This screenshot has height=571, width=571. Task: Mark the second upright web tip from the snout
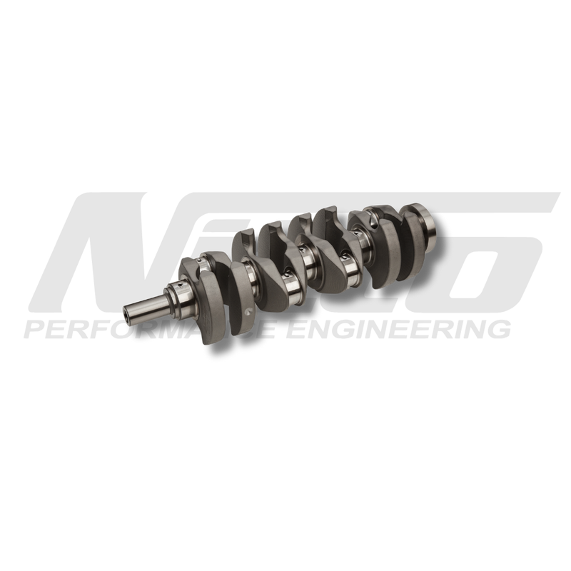(270, 227)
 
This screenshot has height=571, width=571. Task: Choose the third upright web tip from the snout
(301, 217)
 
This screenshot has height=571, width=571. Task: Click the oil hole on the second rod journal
(285, 271)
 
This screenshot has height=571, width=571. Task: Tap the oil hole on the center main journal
(308, 251)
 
